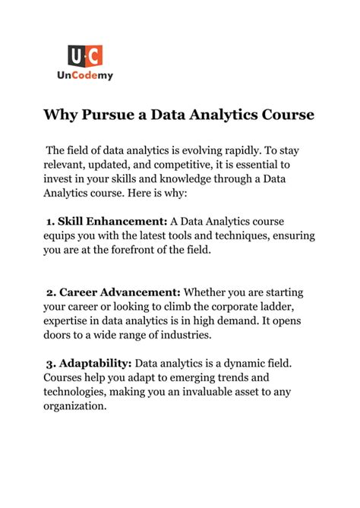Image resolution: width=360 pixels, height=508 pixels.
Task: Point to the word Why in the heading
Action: click(x=58, y=115)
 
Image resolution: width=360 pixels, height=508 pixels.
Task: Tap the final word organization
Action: click(x=74, y=407)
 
